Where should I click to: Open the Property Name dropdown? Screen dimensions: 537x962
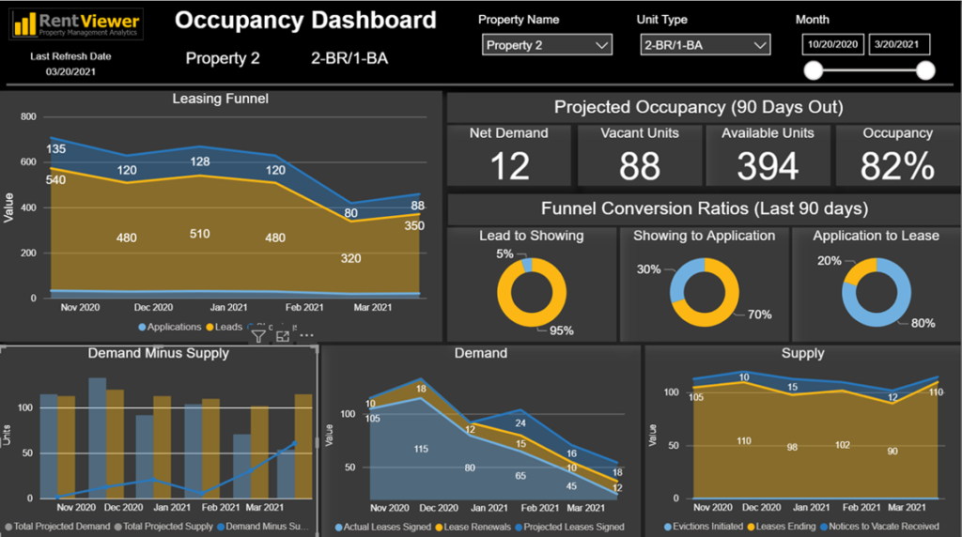pyautogui.click(x=547, y=45)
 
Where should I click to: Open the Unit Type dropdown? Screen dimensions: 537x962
pyautogui.click(x=705, y=45)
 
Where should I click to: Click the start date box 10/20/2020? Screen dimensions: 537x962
pyautogui.click(x=833, y=44)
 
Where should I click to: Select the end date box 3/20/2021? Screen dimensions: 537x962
pyautogui.click(x=899, y=44)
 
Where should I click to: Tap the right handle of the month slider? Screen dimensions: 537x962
pyautogui.click(x=925, y=70)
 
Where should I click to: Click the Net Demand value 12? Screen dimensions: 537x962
pyautogui.click(x=509, y=167)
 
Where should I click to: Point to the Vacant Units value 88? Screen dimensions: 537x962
pyautogui.click(x=639, y=167)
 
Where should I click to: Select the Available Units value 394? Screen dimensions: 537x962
pyautogui.click(x=768, y=167)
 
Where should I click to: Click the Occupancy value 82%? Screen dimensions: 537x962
pyautogui.click(x=897, y=167)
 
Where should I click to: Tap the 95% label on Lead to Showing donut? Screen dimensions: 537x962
pyautogui.click(x=562, y=330)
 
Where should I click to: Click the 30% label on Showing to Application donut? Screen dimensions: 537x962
pyautogui.click(x=648, y=269)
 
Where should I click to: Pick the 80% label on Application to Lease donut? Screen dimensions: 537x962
pyautogui.click(x=922, y=325)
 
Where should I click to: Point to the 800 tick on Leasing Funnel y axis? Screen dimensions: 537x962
pyautogui.click(x=27, y=117)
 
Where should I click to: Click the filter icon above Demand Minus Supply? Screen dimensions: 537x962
pyautogui.click(x=258, y=336)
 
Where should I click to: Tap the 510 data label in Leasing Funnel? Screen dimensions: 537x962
pyautogui.click(x=199, y=234)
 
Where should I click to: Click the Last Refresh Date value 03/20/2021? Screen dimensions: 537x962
pyautogui.click(x=71, y=72)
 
